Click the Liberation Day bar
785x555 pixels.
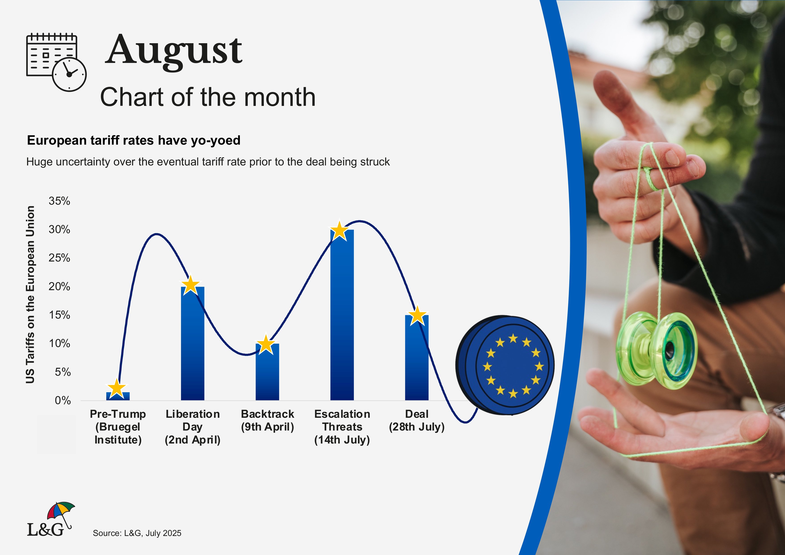coord(192,343)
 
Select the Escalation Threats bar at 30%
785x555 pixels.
coord(342,315)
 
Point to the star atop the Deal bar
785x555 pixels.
coord(417,315)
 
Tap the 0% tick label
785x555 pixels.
coord(63,401)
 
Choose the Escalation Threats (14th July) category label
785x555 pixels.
coord(342,427)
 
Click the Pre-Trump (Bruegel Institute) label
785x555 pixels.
coord(118,427)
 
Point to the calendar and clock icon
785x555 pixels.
coord(56,62)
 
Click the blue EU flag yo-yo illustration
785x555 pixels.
coord(505,365)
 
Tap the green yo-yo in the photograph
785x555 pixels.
coord(657,351)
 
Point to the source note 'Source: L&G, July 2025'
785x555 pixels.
coord(137,533)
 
